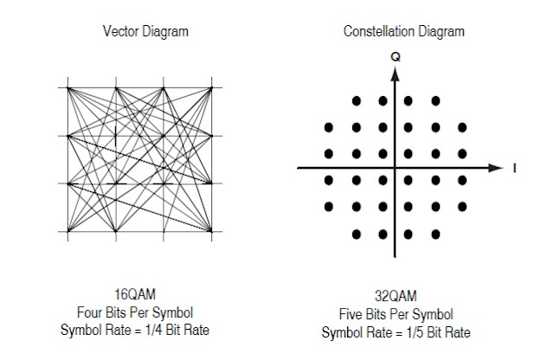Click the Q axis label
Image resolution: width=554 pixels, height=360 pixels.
click(396, 56)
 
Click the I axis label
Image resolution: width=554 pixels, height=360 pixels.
click(515, 168)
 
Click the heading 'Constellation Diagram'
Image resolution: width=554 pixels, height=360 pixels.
click(403, 32)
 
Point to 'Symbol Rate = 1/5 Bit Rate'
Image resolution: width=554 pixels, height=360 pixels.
click(395, 332)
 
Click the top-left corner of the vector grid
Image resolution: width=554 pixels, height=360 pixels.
click(68, 87)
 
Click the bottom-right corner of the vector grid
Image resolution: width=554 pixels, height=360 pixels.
click(213, 232)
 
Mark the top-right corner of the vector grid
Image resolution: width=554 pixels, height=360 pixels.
click(213, 87)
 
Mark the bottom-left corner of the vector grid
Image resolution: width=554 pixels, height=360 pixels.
click(68, 232)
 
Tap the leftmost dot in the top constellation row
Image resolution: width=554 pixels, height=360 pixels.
click(356, 100)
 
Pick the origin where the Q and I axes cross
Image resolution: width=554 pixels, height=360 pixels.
click(396, 167)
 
